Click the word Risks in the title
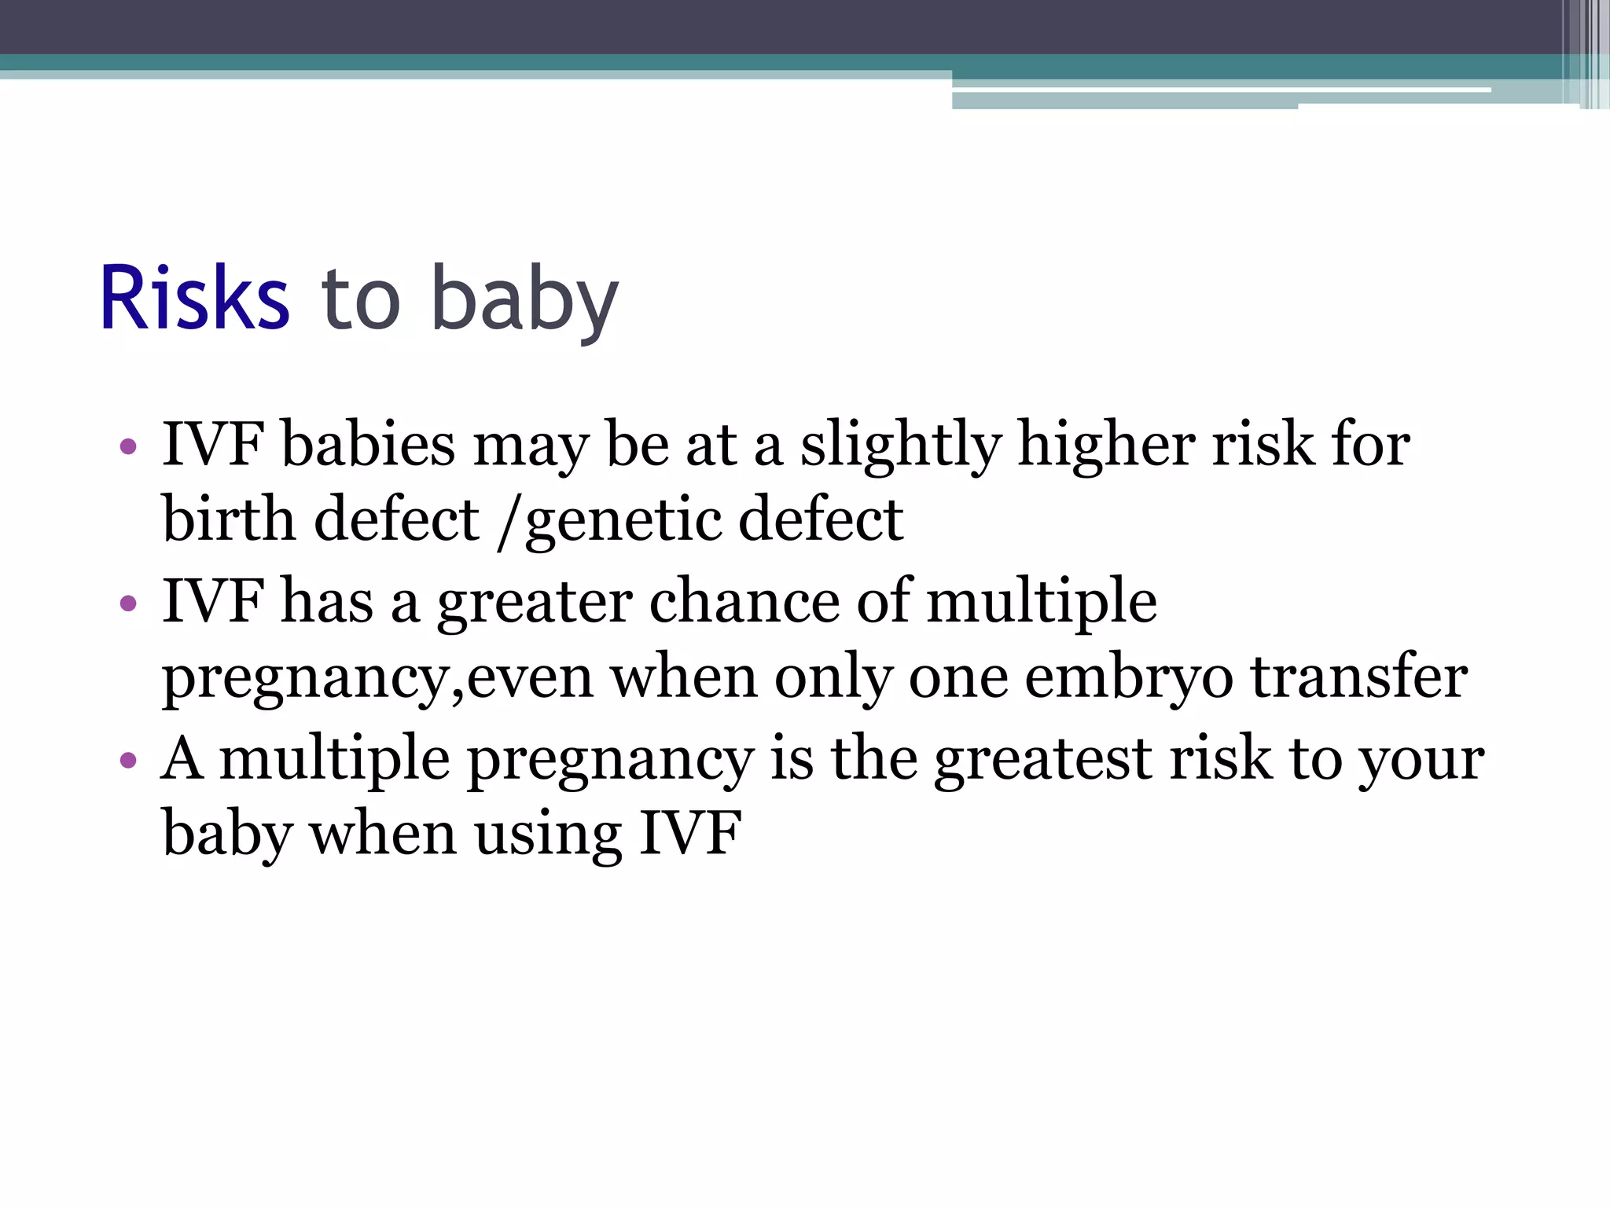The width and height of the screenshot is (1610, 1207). pos(194,299)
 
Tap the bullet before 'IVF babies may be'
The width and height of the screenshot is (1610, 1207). pos(129,447)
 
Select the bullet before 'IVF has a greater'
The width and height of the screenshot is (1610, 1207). pos(129,603)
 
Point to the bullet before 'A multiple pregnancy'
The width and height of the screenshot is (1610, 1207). pos(129,760)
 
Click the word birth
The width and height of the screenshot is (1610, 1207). pos(228,520)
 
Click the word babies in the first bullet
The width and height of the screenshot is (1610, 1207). pos(368,445)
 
